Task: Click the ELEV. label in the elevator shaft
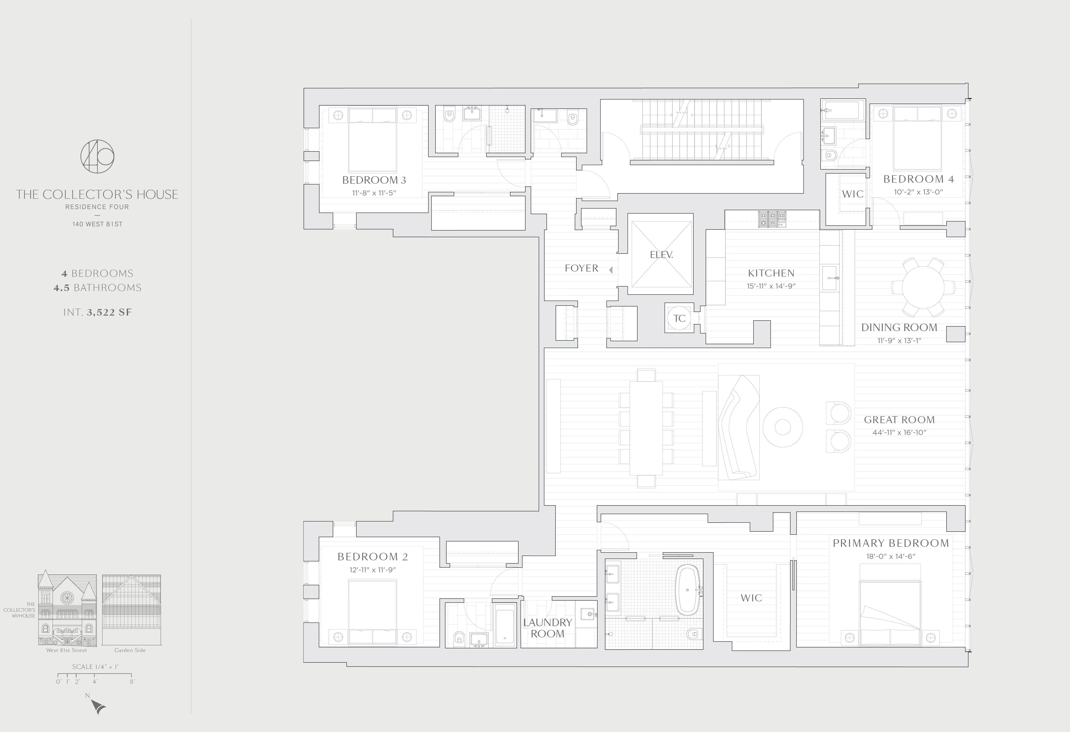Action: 661,255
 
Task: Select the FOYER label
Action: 581,268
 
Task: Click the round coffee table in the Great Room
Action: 783,427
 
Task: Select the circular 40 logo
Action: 97,156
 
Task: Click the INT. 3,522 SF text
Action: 98,312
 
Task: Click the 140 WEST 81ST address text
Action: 97,224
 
